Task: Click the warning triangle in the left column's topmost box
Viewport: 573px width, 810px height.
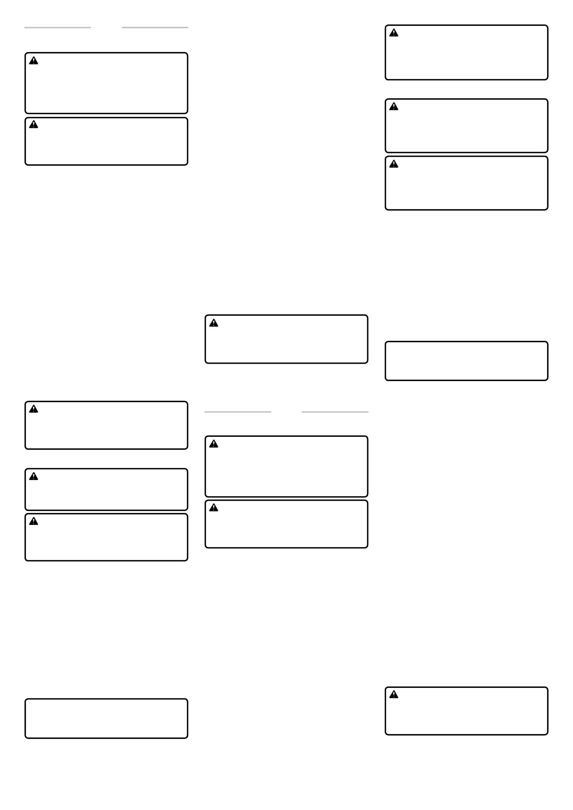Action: click(34, 61)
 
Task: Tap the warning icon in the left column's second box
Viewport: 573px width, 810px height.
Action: click(34, 124)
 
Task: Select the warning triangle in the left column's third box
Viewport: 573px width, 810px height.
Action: click(34, 409)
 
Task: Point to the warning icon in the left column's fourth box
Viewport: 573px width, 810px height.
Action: click(34, 476)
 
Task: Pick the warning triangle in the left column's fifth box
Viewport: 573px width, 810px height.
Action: click(34, 521)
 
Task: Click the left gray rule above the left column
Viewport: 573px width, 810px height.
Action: click(58, 27)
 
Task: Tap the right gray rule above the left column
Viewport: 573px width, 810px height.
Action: click(155, 27)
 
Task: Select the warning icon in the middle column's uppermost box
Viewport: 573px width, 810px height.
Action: click(213, 323)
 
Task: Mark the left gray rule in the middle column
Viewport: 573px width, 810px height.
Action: click(238, 412)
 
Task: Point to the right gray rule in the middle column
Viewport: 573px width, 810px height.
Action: click(335, 412)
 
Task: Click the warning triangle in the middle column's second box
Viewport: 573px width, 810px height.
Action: click(213, 444)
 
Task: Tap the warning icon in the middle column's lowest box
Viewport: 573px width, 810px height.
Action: click(213, 508)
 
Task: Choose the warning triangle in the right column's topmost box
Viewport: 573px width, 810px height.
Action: click(393, 33)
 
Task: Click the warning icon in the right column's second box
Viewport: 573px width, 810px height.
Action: click(393, 106)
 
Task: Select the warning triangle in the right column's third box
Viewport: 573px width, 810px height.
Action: click(393, 164)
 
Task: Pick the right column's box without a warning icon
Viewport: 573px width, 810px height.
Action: click(466, 361)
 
